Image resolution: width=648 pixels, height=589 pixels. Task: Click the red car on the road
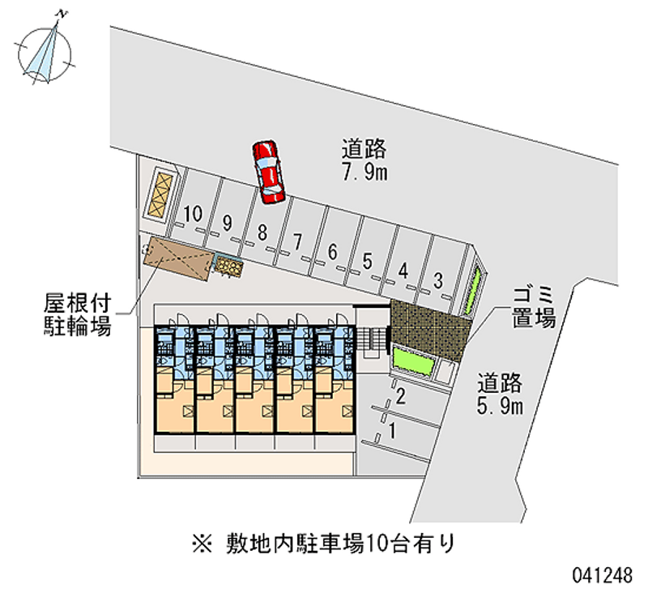269,170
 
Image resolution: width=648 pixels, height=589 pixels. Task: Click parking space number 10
192,215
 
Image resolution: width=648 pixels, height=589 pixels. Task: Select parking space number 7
297,241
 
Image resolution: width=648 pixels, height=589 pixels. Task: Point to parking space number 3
437,280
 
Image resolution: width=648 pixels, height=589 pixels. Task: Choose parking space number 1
393,431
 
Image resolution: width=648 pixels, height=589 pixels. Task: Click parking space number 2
400,396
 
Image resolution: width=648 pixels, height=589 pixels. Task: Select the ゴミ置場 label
532,306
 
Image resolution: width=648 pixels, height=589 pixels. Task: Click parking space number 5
367,261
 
